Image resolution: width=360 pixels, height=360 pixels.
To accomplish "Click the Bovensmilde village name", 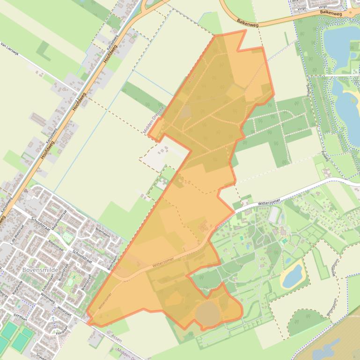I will coord(38,270).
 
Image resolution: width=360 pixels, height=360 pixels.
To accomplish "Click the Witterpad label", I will coord(64,310).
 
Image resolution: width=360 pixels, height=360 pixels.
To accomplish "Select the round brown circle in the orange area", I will coord(206,313).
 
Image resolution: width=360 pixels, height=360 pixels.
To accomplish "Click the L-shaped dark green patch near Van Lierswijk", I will coord(44,51).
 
